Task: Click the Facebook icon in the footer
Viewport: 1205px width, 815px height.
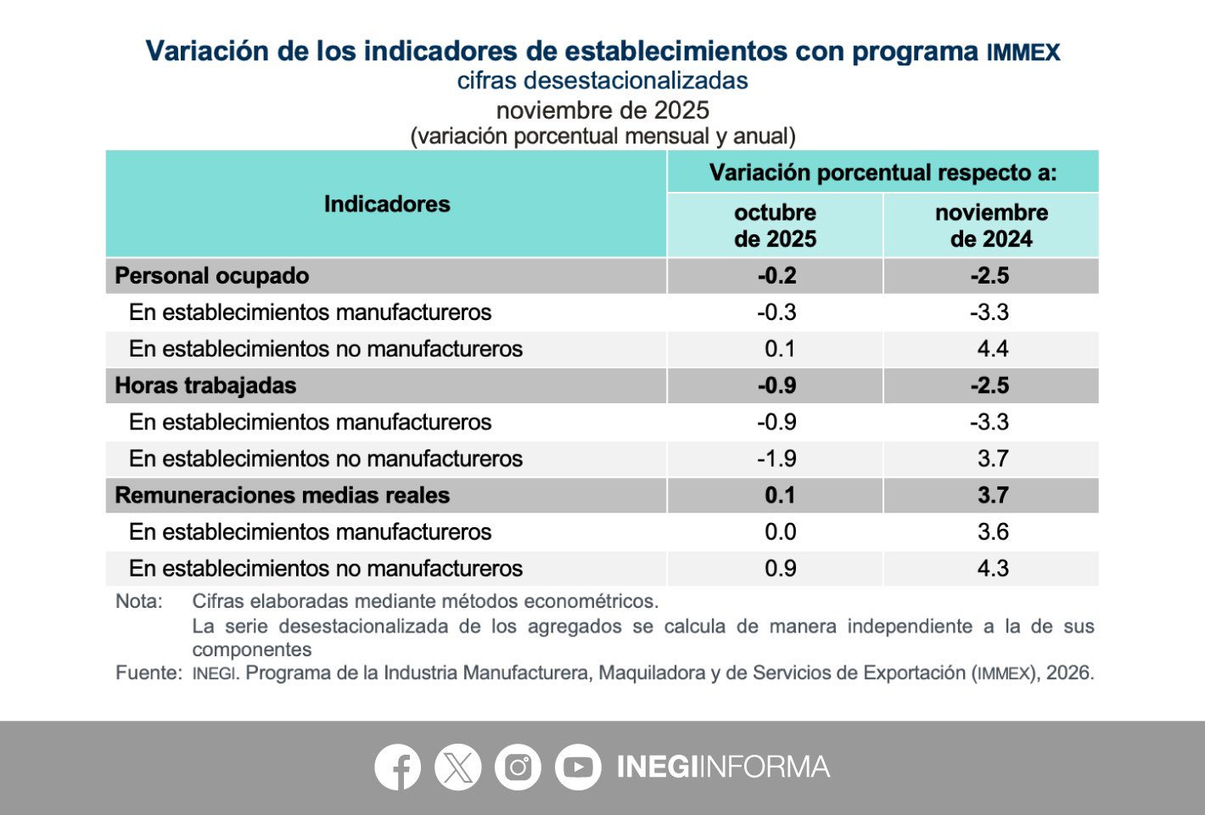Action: tap(398, 767)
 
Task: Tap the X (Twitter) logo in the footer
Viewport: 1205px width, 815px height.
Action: tap(458, 767)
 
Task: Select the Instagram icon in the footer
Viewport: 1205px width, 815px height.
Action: tap(518, 767)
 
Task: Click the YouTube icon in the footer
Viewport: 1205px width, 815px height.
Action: tap(578, 767)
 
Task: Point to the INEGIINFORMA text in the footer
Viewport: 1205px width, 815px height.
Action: tap(723, 767)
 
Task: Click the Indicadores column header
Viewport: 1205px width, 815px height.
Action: tap(387, 205)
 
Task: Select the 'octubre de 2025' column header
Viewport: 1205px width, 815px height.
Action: tap(775, 226)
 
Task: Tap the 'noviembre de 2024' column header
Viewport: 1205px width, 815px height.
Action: tap(991, 226)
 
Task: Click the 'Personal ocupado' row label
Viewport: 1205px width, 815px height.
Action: tap(212, 276)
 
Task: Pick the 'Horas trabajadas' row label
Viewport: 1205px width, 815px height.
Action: tap(205, 385)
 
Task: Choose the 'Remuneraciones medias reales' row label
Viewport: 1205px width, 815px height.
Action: tap(282, 495)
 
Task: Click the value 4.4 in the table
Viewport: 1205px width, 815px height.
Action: tap(992, 349)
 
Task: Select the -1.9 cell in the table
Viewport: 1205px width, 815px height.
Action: tap(776, 458)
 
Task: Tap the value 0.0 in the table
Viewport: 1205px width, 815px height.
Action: tap(780, 532)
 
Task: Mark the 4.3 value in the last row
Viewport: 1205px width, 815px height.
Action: tap(992, 569)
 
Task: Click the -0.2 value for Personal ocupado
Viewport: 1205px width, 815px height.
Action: tap(776, 276)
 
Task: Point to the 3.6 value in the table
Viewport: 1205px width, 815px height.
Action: tap(992, 532)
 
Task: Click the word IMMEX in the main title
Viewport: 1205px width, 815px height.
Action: tap(1023, 53)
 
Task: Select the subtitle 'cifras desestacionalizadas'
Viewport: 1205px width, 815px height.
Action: tap(602, 81)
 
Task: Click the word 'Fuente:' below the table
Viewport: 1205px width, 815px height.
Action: tap(149, 673)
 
